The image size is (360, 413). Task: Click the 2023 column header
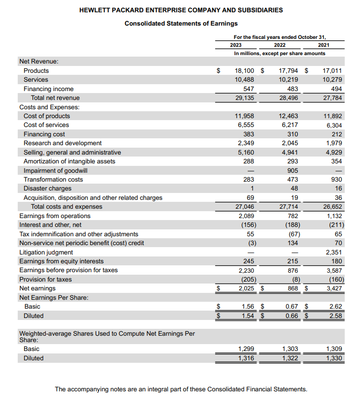[236, 45]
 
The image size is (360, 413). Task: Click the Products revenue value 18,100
[245, 70]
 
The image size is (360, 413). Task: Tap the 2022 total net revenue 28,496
[288, 98]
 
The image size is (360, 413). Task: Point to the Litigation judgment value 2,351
[333, 252]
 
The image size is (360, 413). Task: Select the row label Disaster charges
[47, 189]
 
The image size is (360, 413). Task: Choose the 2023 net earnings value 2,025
[246, 288]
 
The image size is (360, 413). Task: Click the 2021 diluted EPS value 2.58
[335, 316]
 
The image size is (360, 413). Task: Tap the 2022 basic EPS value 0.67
[291, 306]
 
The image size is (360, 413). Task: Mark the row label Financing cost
[44, 134]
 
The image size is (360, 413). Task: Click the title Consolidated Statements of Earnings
[181, 23]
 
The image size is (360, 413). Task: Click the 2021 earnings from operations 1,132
[334, 216]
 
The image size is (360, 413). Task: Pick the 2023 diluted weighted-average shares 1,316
[245, 358]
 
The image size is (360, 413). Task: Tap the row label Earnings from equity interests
[62, 261]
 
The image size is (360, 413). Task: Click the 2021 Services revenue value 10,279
[332, 80]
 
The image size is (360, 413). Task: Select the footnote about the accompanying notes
[181, 389]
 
